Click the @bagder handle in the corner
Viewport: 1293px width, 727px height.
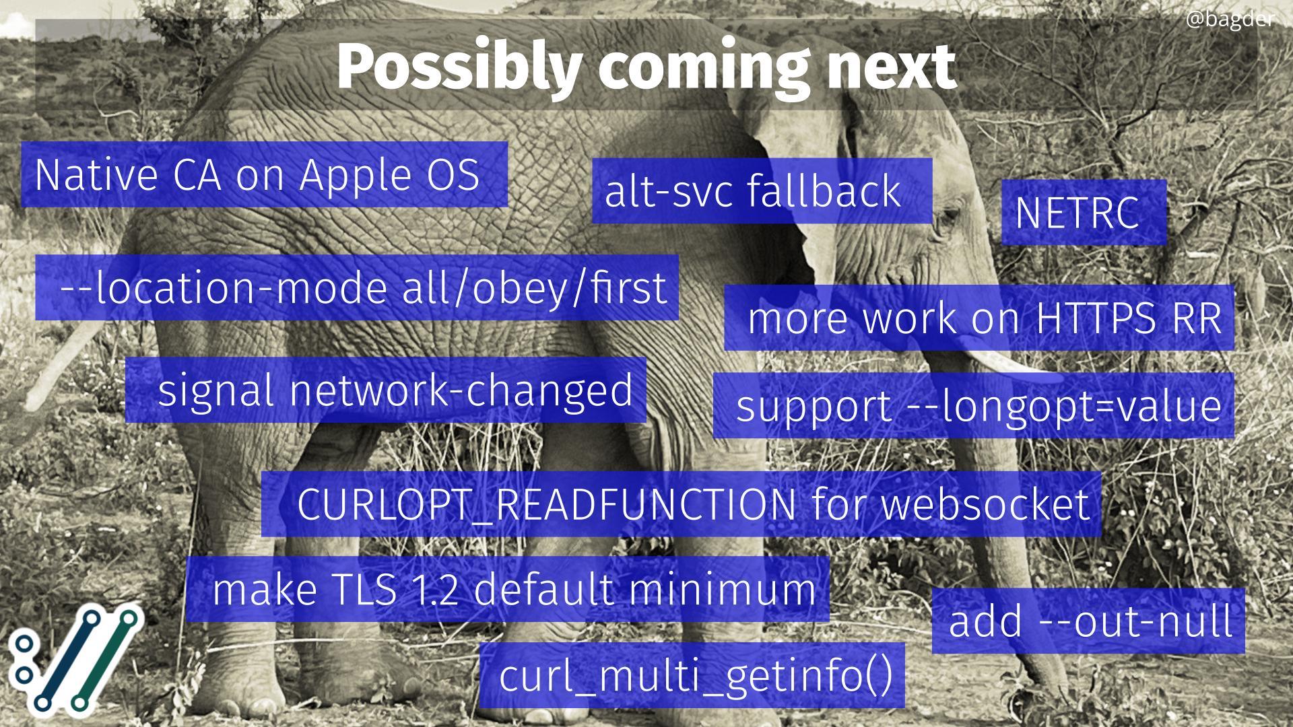[1229, 20]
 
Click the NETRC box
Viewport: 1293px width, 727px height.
[1084, 212]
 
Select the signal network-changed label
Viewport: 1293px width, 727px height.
[395, 391]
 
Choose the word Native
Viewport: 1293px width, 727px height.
[96, 175]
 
